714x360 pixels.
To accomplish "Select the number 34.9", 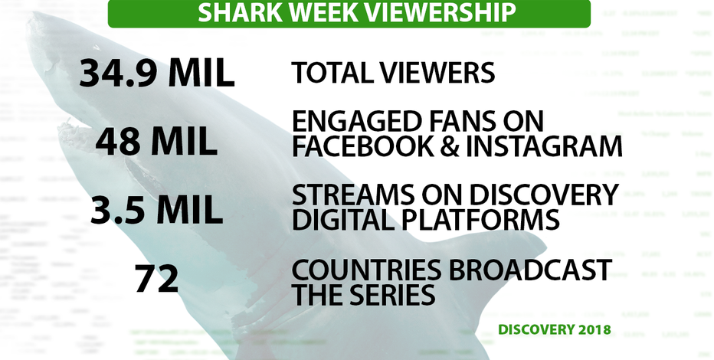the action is (x=119, y=74).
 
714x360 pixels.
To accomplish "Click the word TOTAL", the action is (x=330, y=73).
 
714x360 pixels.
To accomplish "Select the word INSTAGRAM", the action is (x=548, y=146).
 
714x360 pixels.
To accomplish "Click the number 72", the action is (x=156, y=279).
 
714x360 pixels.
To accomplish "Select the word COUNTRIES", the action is (x=366, y=270).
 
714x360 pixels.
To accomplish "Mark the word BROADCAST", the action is (x=530, y=270).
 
